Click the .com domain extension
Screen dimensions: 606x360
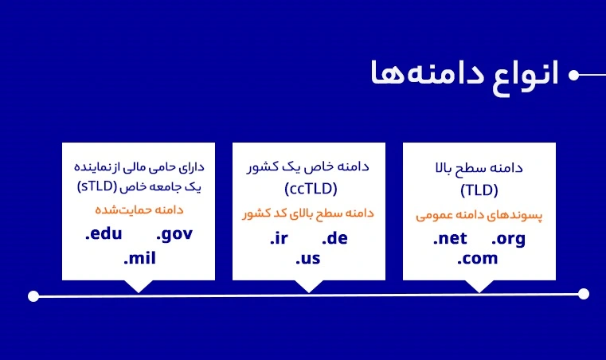pos(477,258)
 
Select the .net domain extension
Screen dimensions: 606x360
pos(450,238)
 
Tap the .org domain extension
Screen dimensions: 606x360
pos(508,240)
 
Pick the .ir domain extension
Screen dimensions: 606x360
pos(279,238)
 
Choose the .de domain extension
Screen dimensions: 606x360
pos(334,238)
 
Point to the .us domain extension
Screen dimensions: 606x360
pos(308,258)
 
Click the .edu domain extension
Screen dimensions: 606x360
pos(104,233)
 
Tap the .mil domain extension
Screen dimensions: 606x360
pos(139,258)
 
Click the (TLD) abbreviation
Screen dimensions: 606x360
pos(479,190)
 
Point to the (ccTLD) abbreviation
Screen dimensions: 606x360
pos(311,189)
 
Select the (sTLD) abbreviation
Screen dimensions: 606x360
pos(97,186)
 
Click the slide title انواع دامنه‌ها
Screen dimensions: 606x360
pos(464,76)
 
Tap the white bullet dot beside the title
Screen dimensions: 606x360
pos(574,75)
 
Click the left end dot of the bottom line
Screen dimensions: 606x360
pos(33,296)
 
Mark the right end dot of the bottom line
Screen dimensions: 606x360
pos(584,294)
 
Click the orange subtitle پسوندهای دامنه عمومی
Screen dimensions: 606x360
pos(479,215)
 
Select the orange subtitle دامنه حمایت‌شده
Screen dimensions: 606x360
pos(139,210)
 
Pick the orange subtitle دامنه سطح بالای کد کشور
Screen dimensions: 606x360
pos(308,213)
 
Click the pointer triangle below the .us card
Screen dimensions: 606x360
pos(309,285)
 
